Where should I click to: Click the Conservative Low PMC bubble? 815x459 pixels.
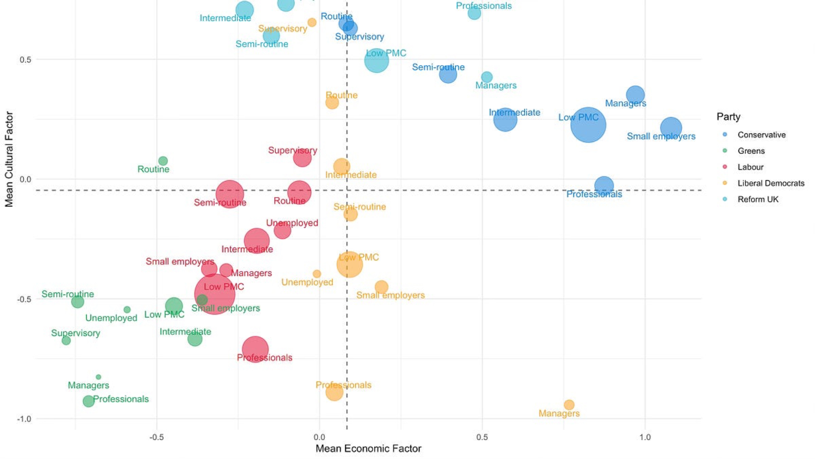coord(588,125)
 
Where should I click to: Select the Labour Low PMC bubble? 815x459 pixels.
coord(214,294)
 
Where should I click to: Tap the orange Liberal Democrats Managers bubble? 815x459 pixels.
coord(569,405)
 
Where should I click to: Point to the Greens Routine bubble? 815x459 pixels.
coord(163,161)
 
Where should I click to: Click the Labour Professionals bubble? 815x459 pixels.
coord(255,349)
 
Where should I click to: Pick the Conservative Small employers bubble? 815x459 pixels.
coord(671,128)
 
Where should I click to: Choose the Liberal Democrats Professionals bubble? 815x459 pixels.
coord(334,392)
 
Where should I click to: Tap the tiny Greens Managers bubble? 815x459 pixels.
coord(98,377)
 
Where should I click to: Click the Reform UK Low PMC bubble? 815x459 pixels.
coord(377,61)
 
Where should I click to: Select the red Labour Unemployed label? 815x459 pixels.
coord(292,223)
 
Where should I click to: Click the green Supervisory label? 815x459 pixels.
coord(75,333)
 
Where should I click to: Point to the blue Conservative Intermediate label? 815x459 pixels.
coord(514,112)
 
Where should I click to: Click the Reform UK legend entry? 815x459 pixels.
coord(758,200)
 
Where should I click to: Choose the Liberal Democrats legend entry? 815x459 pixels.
coord(771,183)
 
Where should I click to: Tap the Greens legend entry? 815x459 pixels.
coord(751,151)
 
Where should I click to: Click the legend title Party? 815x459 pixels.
coord(728,117)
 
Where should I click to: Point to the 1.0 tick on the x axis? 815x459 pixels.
coord(645,437)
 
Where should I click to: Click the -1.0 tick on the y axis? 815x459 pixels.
coord(24,419)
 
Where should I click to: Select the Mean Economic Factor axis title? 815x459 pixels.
coord(368,449)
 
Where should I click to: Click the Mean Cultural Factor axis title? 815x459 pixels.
coord(9,159)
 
